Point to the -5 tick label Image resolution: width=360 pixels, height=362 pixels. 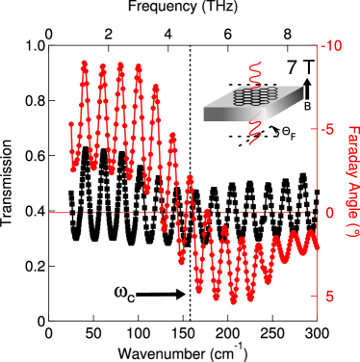[x=330, y=129]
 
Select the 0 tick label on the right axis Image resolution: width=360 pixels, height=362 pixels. [x=330, y=213]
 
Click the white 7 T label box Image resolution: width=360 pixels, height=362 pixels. [x=299, y=67]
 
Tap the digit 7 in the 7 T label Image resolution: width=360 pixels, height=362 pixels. [x=293, y=67]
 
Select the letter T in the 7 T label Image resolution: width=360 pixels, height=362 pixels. [x=307, y=67]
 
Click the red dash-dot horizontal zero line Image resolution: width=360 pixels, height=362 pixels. [x=96, y=213]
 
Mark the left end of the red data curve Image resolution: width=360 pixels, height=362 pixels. [x=71, y=123]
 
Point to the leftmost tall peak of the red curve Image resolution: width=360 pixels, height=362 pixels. [x=85, y=64]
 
